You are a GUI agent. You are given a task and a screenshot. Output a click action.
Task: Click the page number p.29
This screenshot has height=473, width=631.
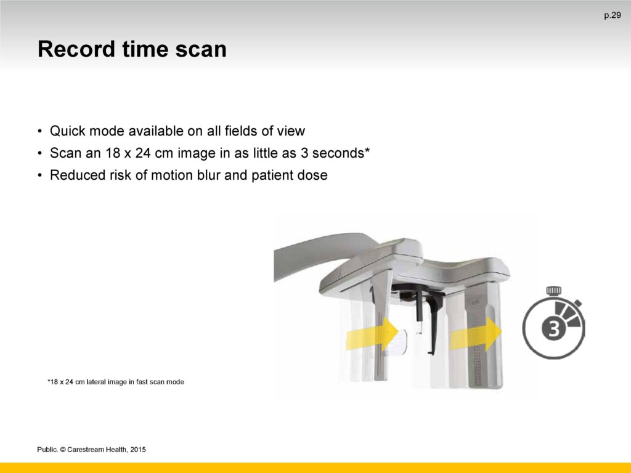tap(612, 15)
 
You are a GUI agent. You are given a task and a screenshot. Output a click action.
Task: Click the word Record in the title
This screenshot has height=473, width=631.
tap(76, 49)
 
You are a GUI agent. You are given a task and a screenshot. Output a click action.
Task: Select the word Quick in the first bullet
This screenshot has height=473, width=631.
tap(67, 131)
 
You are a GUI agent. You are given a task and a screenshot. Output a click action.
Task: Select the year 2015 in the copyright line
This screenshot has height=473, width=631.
tap(138, 449)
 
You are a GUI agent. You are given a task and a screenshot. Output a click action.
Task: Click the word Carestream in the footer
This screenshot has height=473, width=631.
tap(86, 449)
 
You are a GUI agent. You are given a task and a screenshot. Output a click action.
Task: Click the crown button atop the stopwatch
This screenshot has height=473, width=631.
tap(554, 291)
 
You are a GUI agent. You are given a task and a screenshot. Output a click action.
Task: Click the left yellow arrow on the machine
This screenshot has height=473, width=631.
tap(372, 333)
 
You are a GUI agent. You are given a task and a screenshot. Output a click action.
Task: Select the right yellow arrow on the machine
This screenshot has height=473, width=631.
tap(476, 334)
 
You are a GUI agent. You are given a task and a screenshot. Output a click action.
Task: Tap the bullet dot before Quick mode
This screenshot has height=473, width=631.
tap(40, 131)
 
